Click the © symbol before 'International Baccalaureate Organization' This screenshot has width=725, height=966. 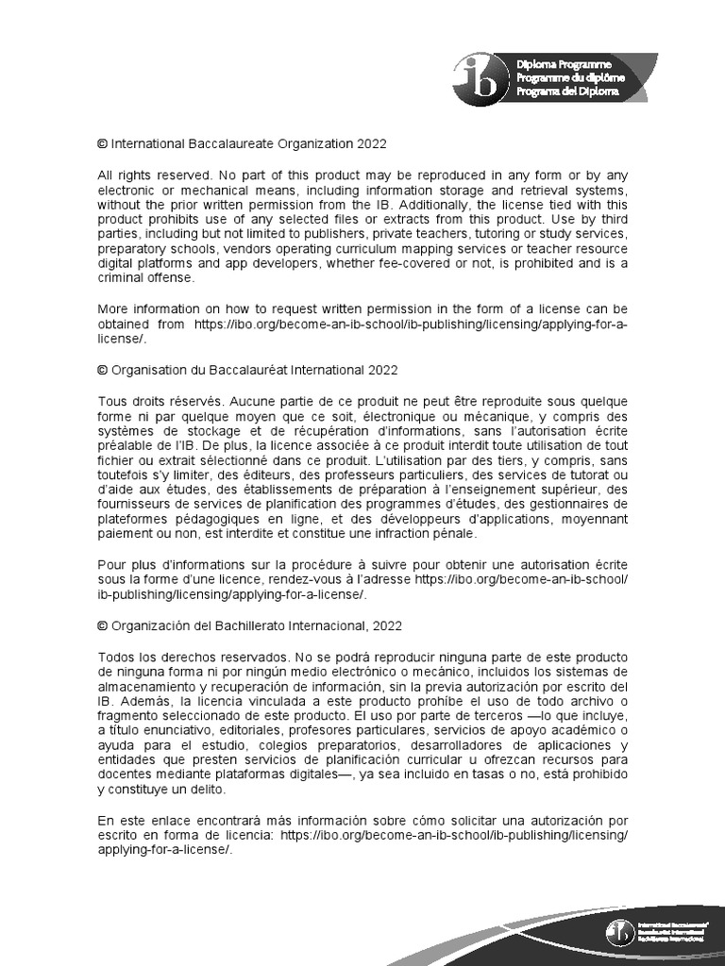[102, 144]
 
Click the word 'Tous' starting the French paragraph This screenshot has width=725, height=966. [112, 401]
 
